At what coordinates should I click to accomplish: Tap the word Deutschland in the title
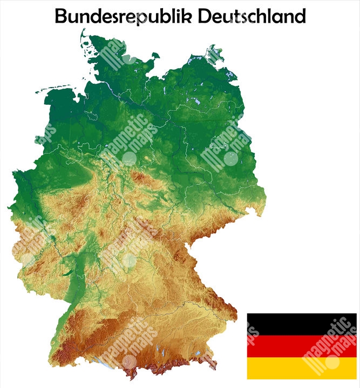[252, 16]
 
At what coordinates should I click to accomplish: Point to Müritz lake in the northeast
[199, 101]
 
